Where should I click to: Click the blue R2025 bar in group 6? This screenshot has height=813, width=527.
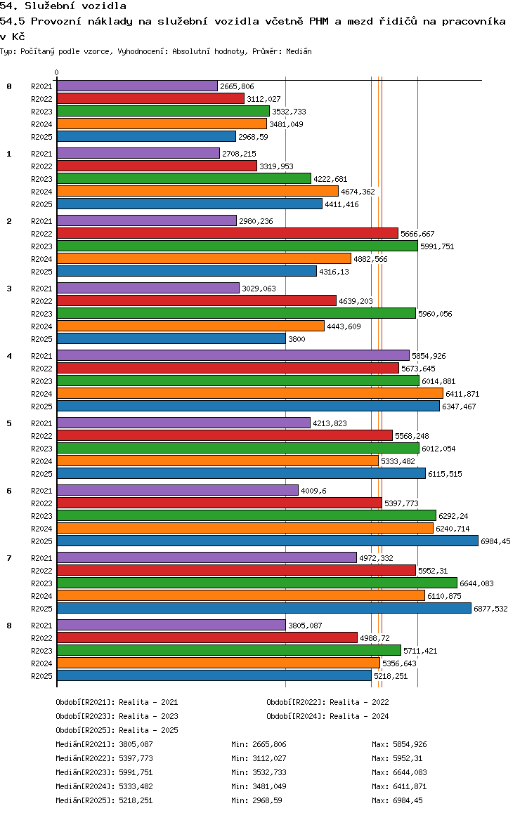[x=267, y=541]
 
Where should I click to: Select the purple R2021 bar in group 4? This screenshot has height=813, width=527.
[x=233, y=355]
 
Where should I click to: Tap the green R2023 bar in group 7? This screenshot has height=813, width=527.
[x=256, y=583]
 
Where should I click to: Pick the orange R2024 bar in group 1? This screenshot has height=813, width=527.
[x=197, y=191]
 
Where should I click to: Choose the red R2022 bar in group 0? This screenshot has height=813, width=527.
[x=150, y=98]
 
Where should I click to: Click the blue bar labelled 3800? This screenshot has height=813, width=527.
[x=171, y=338]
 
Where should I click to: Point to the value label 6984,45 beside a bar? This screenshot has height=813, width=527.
[x=496, y=541]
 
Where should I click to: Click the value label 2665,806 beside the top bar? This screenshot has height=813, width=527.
[x=237, y=86]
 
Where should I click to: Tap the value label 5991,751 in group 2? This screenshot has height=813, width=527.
[x=437, y=246]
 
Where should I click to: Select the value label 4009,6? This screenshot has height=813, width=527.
[x=313, y=491]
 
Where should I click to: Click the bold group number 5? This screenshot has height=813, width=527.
[x=9, y=423]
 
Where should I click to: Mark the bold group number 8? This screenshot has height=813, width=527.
[x=9, y=626]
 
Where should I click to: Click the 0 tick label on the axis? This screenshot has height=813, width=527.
[x=57, y=72]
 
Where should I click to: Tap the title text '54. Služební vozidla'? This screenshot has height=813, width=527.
[x=63, y=6]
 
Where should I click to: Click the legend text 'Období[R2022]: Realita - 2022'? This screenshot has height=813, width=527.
[x=327, y=702]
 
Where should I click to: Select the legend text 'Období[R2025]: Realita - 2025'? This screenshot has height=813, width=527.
[x=117, y=730]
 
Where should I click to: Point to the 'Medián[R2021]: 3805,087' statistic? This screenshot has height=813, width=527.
[x=104, y=744]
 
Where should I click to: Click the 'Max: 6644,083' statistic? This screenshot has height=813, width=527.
[x=399, y=772]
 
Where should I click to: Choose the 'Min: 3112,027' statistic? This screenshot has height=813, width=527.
[x=259, y=758]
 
